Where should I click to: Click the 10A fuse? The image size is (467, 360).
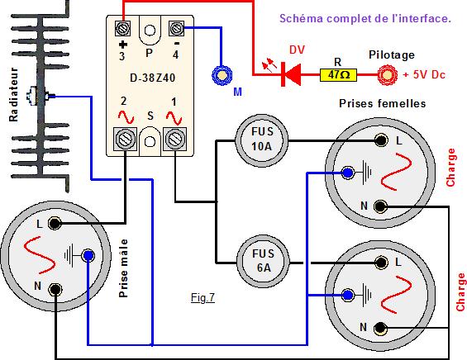(262, 140)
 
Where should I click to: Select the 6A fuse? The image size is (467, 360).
(263, 262)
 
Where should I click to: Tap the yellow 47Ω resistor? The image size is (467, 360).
(338, 74)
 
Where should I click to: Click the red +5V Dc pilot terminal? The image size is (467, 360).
(388, 75)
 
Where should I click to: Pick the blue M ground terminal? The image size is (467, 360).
(222, 76)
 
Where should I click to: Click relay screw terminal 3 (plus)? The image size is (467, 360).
(122, 29)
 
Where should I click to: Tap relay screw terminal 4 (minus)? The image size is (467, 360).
(176, 29)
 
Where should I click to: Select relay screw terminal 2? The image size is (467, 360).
(125, 139)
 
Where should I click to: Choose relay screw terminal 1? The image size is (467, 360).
(175, 139)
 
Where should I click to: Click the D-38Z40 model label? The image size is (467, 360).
(152, 78)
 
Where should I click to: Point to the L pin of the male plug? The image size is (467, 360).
(55, 223)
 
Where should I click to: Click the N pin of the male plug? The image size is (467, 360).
(55, 290)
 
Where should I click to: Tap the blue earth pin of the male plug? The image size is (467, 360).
(88, 255)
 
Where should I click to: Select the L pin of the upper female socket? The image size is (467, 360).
(381, 140)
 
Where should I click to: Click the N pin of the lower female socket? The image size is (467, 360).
(380, 328)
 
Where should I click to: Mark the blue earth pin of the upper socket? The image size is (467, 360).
(348, 173)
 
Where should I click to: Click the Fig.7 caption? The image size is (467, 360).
(203, 297)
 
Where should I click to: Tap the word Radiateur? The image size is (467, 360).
(13, 94)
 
